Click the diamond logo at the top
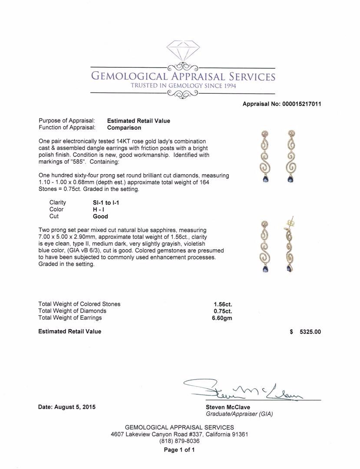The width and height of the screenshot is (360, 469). tap(182, 51)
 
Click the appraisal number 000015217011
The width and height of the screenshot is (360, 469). tap(301, 104)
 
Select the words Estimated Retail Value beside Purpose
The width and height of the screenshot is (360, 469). tap(139, 121)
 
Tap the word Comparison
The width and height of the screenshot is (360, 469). tap(124, 128)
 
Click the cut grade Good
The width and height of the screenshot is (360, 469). tap(100, 216)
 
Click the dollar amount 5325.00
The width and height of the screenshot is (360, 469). tap(310, 332)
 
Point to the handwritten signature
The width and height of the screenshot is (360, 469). tap(243, 390)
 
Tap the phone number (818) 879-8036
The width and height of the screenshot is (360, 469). tap(179, 441)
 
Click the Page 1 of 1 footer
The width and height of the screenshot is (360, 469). tap(179, 450)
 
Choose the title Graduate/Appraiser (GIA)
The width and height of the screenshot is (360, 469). tap(239, 414)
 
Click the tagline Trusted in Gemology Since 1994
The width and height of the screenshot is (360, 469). tap(182, 86)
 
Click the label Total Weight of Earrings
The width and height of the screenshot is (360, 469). tap(70, 318)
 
